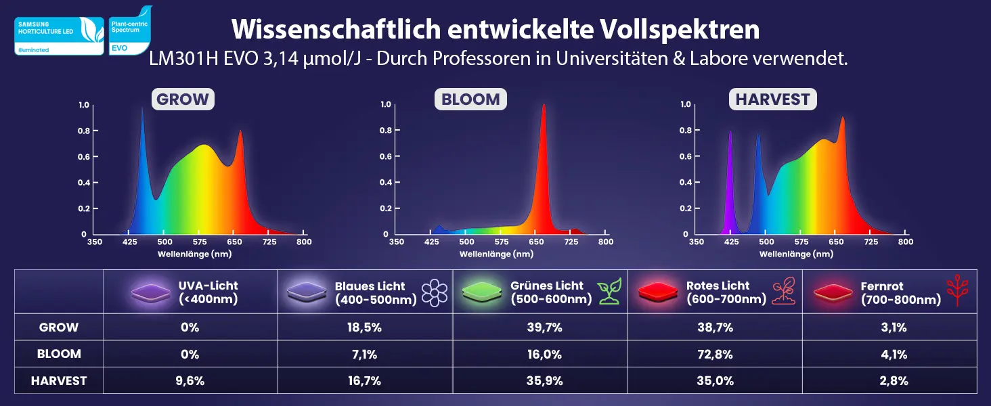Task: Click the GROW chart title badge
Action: [183, 99]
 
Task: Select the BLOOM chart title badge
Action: [470, 99]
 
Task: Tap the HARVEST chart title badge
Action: [772, 99]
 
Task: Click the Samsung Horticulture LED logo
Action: [59, 36]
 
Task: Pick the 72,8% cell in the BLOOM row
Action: [715, 354]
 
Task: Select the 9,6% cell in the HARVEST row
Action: [190, 381]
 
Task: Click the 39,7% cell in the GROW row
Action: [540, 328]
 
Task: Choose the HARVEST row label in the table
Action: [59, 381]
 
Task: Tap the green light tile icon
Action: [482, 292]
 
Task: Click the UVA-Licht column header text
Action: [208, 292]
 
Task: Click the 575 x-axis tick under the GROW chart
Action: [200, 242]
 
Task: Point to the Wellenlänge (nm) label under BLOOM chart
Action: [496, 254]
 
